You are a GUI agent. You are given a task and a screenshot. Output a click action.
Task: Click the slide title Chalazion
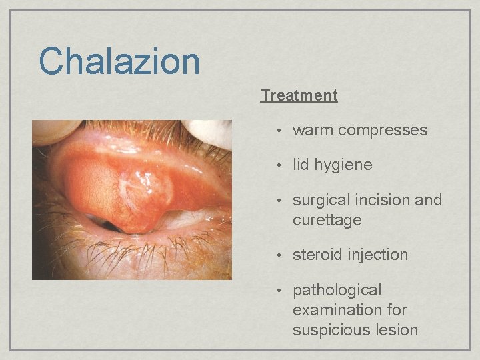(119, 61)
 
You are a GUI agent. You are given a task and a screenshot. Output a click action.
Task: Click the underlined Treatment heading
(299, 95)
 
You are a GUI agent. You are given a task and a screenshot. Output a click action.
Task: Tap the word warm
(313, 131)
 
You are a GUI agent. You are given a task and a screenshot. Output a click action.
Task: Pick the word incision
(384, 201)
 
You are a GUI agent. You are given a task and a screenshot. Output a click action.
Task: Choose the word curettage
(327, 220)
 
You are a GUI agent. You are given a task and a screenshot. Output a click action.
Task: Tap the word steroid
(317, 255)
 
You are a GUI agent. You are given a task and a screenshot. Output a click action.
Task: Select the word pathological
(337, 291)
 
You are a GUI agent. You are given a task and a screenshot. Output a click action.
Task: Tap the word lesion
(394, 330)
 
